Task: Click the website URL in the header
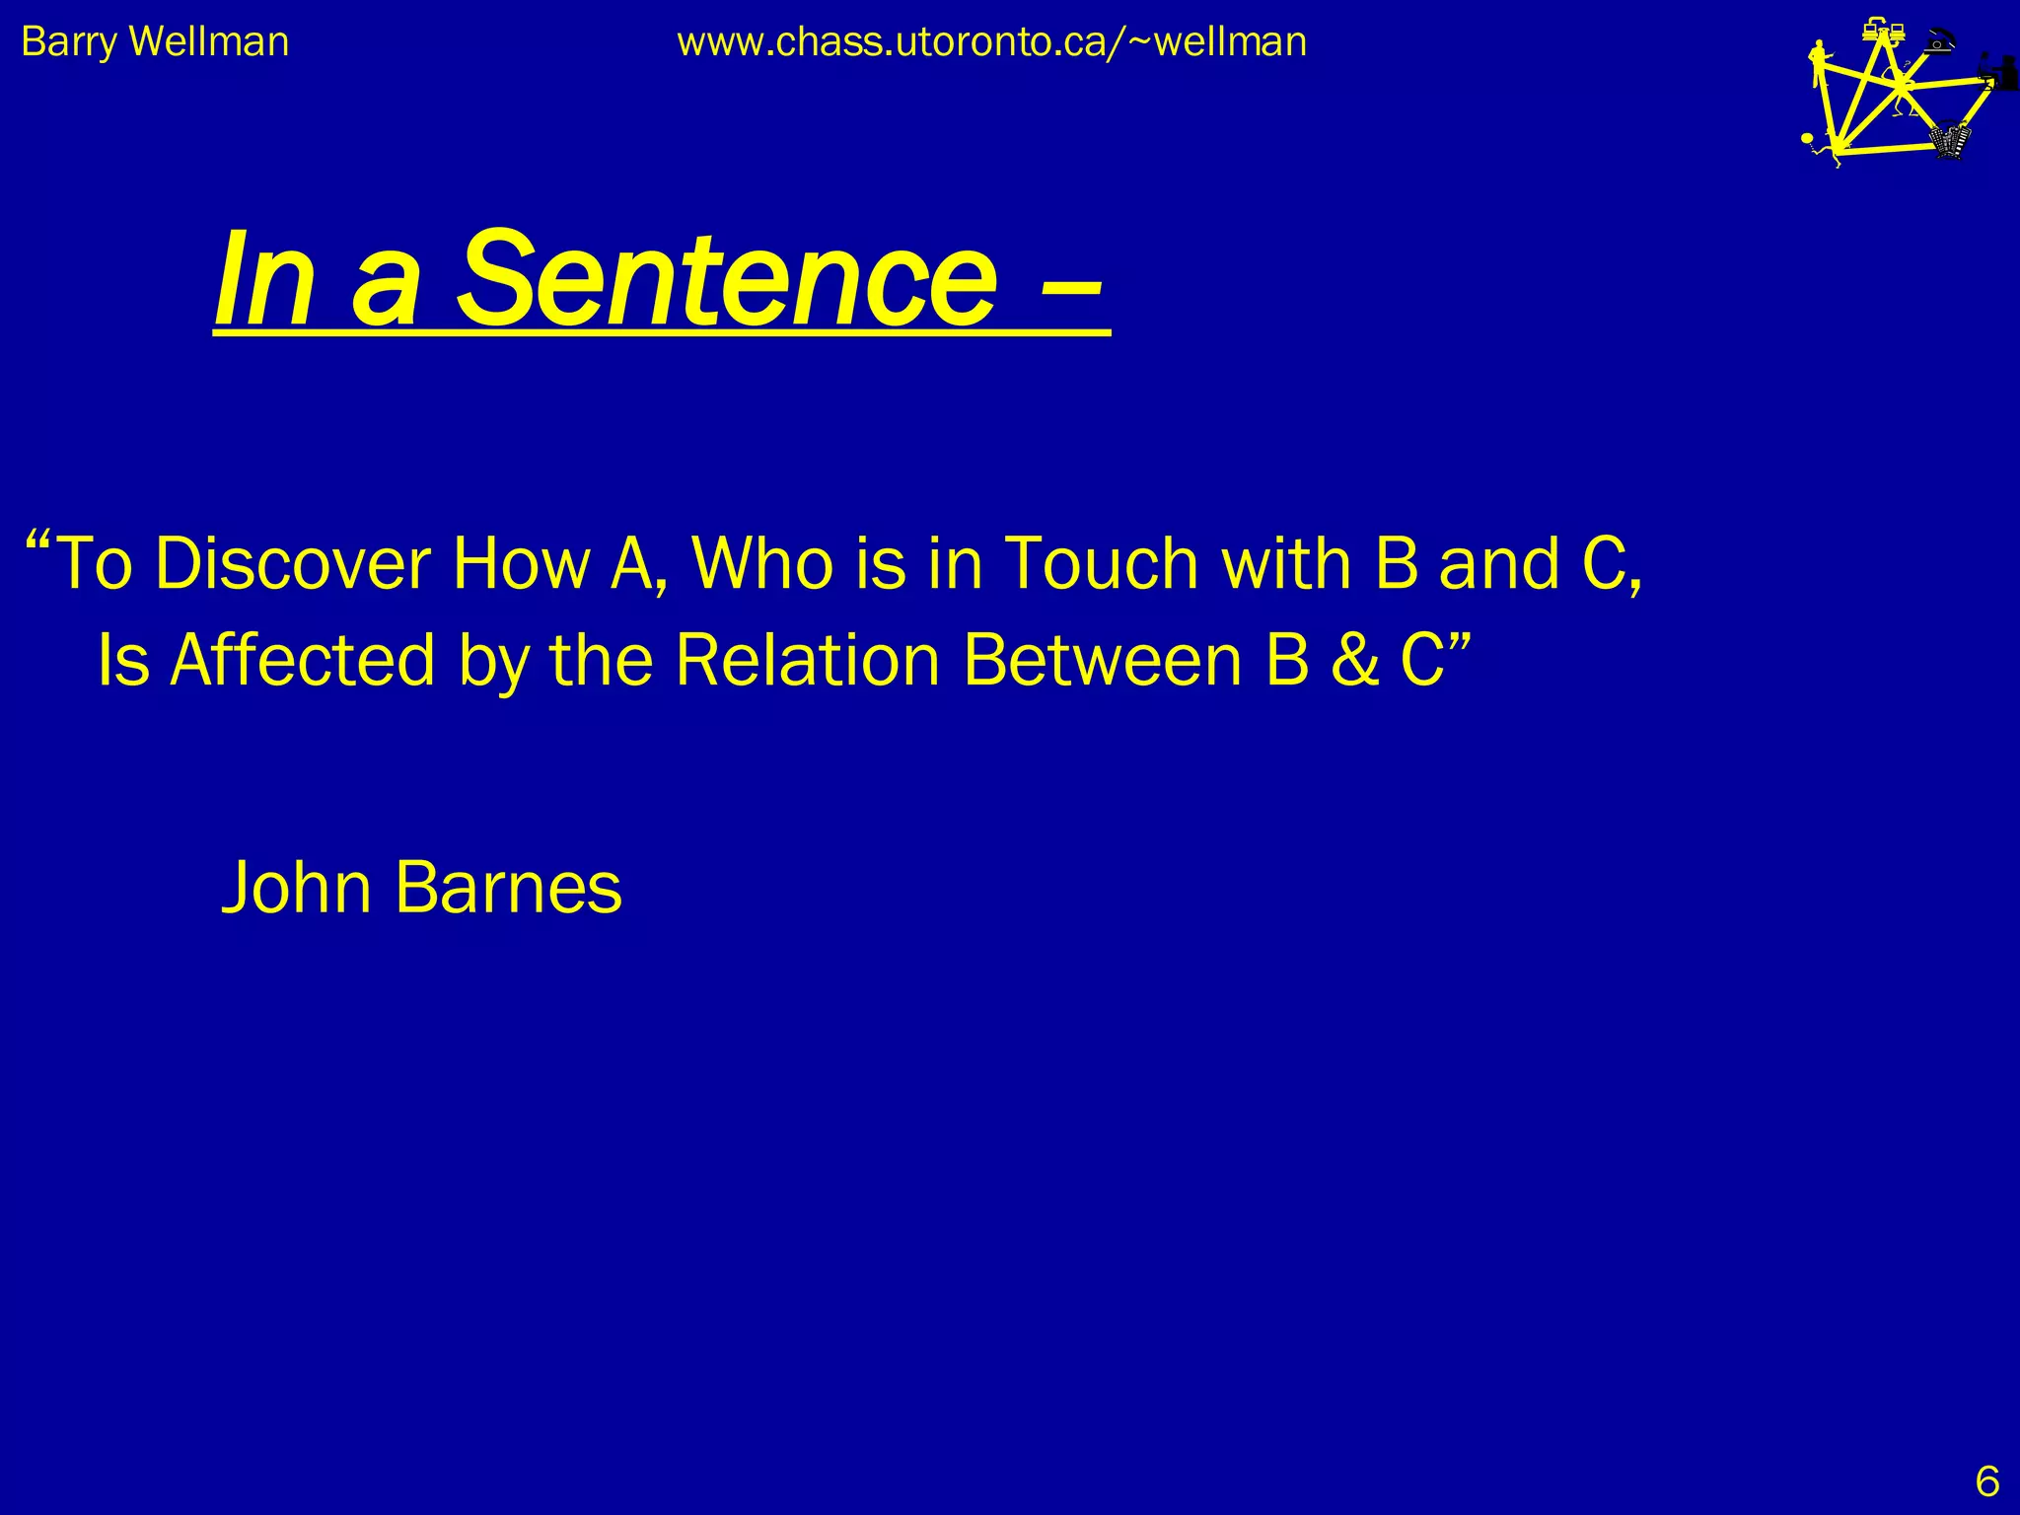[991, 42]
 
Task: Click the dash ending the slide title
[1070, 286]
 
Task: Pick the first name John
[297, 888]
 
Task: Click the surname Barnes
[508, 888]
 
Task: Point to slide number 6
[1986, 1482]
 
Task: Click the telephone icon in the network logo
[1941, 40]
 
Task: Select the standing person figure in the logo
[1818, 64]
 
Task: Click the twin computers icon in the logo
[1882, 32]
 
